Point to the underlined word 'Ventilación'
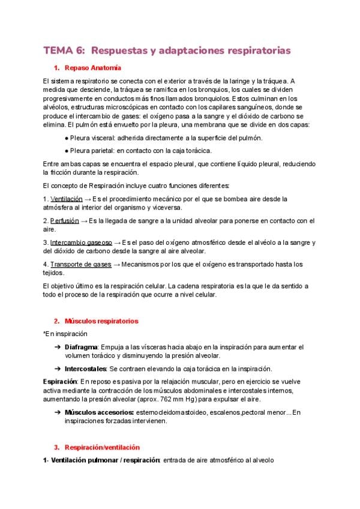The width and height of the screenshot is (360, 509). [67, 199]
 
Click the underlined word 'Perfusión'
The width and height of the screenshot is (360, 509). [64, 220]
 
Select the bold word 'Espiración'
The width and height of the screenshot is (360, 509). [60, 381]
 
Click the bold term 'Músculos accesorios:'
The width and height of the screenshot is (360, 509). [100, 412]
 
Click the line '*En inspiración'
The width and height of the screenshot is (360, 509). [65, 334]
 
